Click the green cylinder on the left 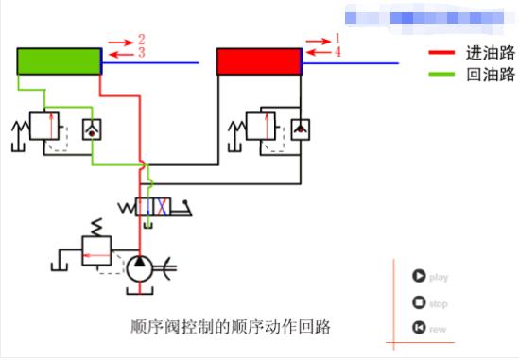tap(58, 61)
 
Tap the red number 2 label tap(141, 40)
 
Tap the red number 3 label tap(141, 53)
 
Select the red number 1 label tap(337, 38)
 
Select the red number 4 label tap(337, 51)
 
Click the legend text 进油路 tap(490, 53)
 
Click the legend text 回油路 tap(490, 74)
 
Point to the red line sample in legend tap(443, 53)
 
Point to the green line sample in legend tap(443, 74)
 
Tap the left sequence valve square tap(44, 126)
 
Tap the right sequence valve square tap(262, 126)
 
